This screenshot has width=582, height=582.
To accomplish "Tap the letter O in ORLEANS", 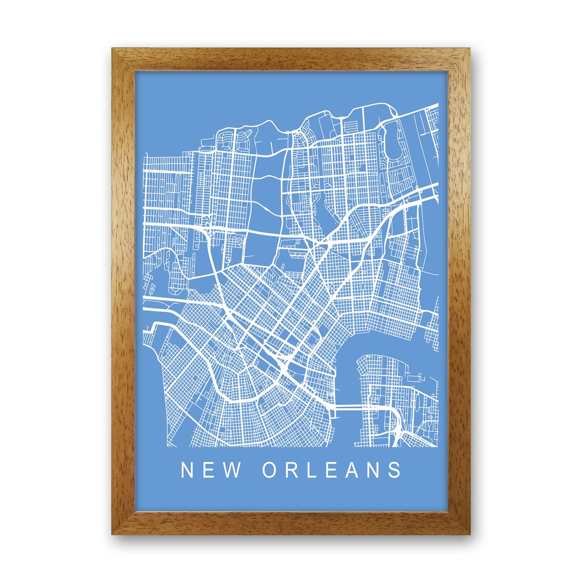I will (x=270, y=470).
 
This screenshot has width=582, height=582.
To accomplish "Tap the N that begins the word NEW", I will (x=188, y=470).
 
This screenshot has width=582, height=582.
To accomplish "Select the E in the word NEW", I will (x=209, y=470).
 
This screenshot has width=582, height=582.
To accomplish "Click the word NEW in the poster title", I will (x=210, y=470).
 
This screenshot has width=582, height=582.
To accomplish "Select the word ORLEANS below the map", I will (x=332, y=470).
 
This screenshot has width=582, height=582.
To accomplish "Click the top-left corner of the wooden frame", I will (x=113, y=50).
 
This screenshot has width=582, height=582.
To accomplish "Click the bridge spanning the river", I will (x=349, y=408).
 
